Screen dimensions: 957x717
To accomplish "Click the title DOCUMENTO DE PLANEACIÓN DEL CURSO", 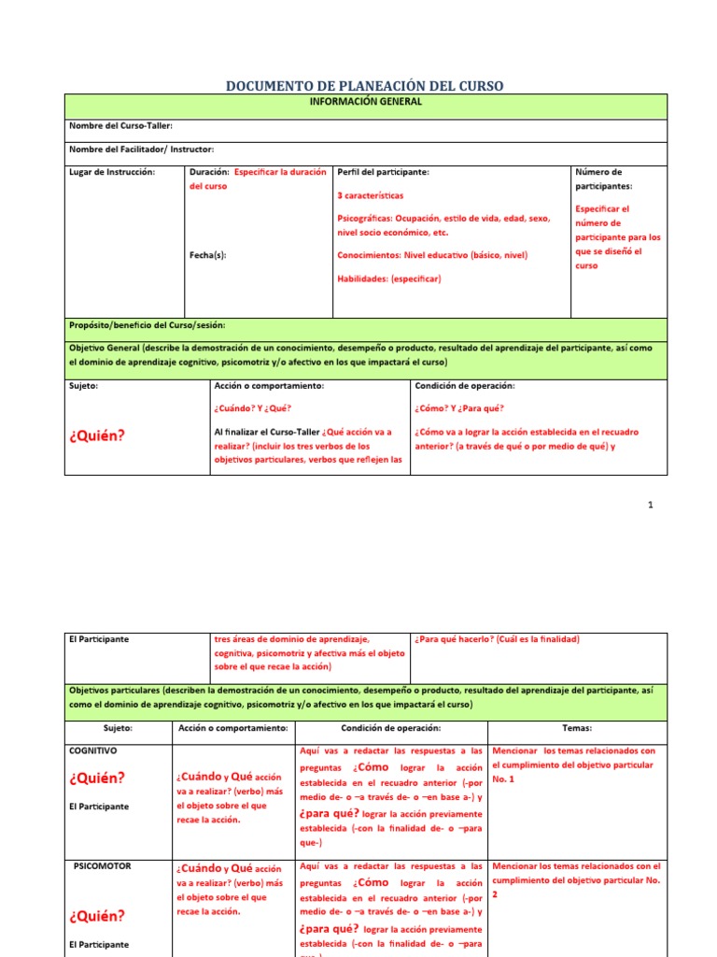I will (x=365, y=86).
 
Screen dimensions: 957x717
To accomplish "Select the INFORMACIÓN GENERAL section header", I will (x=366, y=102).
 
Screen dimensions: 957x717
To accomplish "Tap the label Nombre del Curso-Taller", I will (x=120, y=126).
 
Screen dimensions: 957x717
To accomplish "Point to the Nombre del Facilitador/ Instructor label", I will (x=141, y=150).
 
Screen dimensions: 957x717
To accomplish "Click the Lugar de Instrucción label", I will (x=112, y=172).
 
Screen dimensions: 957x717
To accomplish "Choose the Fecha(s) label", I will (x=207, y=254).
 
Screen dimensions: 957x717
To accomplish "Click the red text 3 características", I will (x=371, y=197).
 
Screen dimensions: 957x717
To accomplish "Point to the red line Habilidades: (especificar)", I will (x=388, y=279).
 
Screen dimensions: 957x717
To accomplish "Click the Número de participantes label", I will (x=598, y=179).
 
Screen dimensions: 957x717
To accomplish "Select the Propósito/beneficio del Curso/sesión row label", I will (x=147, y=325).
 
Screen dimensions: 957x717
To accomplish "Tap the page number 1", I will (x=651, y=506).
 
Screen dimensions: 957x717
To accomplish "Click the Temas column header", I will (x=577, y=728).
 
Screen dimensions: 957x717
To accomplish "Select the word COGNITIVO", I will (x=93, y=750).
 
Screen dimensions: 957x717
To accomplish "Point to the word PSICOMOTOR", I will (x=102, y=865).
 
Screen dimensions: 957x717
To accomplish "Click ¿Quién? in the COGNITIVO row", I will (x=96, y=778).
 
